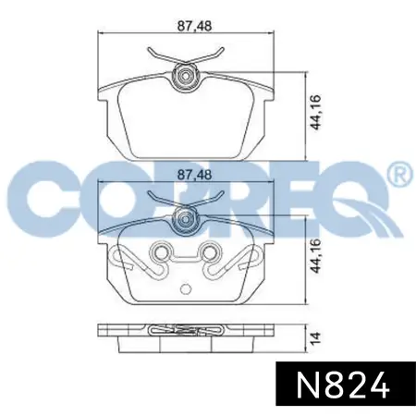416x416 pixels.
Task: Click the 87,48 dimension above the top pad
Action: pos(194,26)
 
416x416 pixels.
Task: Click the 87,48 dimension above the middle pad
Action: pos(194,175)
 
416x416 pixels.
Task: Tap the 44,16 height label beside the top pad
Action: pos(315,113)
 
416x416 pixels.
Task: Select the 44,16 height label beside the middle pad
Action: pos(315,256)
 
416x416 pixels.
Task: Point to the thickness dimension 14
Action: pos(315,337)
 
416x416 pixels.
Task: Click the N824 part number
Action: pos(342,385)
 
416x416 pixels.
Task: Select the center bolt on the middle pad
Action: pos(185,219)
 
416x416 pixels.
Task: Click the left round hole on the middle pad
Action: pos(160,253)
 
